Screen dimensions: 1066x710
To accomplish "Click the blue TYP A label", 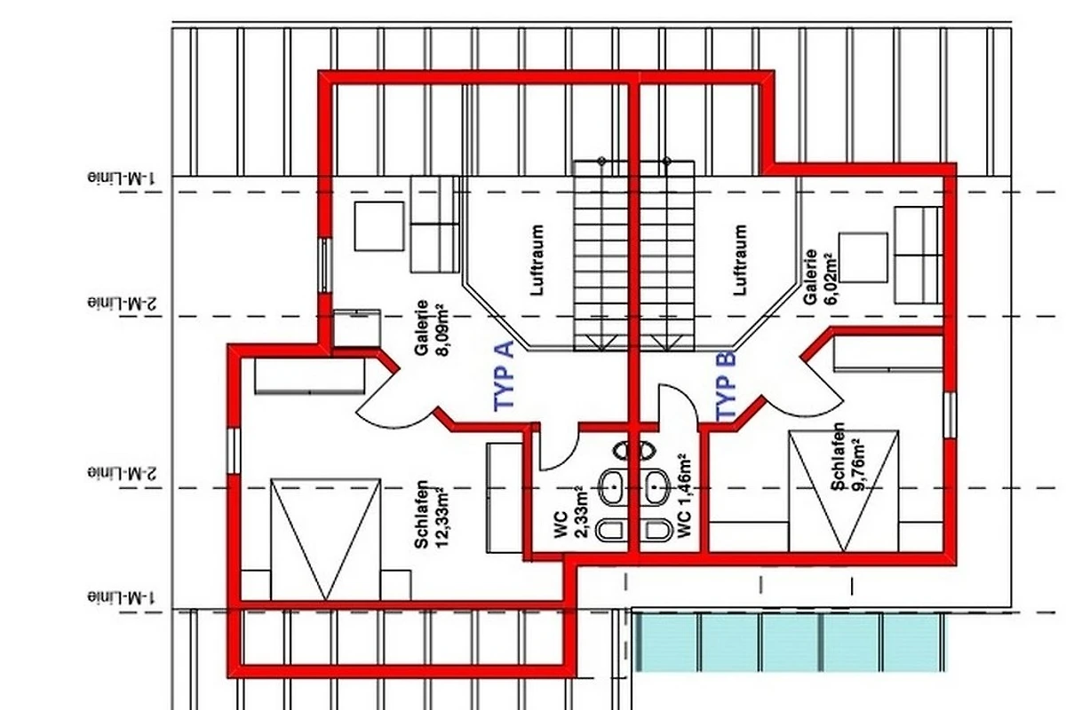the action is pyautogui.click(x=504, y=376).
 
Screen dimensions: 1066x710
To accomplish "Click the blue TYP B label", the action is pyautogui.click(x=727, y=386).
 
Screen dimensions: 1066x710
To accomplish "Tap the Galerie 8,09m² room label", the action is pyautogui.click(x=429, y=328).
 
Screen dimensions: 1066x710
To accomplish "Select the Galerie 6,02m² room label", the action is pyautogui.click(x=819, y=277).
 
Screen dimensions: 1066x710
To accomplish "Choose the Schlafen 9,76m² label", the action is pyautogui.click(x=847, y=456).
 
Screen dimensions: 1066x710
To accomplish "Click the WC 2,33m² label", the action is pyautogui.click(x=572, y=512).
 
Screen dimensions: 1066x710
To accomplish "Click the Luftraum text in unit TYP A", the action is pyautogui.click(x=537, y=261).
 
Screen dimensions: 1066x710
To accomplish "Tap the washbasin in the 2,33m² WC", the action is pyautogui.click(x=612, y=488).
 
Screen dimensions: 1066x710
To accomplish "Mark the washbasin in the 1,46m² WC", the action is pyautogui.click(x=656, y=488).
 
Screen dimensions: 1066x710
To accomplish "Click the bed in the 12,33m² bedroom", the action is pyautogui.click(x=325, y=540).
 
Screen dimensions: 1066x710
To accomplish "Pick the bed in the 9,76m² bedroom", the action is pyautogui.click(x=844, y=492).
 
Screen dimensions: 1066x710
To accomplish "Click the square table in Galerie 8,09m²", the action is pyautogui.click(x=379, y=226).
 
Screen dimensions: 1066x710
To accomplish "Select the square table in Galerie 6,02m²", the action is pyautogui.click(x=863, y=257).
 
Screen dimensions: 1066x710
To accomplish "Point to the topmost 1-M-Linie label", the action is pyautogui.click(x=122, y=178).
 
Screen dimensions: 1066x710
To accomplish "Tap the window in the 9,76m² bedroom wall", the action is pyautogui.click(x=950, y=414).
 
